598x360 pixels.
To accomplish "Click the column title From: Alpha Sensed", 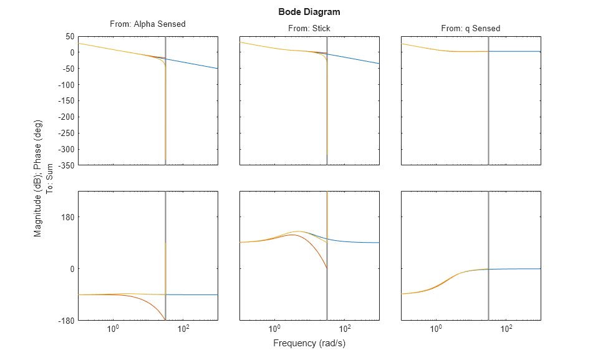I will tap(147, 24).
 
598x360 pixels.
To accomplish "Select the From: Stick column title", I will tap(309, 28).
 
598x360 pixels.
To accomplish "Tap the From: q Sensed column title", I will tap(470, 28).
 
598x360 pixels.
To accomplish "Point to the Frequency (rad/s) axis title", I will tap(309, 343).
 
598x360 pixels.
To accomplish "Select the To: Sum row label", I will tap(50, 178).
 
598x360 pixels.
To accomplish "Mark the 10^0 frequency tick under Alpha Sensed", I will tap(113, 329).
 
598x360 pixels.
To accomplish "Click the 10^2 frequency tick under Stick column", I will tap(345, 329).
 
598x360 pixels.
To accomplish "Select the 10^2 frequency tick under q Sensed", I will tap(506, 329).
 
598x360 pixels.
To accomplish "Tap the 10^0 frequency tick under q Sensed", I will tap(436, 329).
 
